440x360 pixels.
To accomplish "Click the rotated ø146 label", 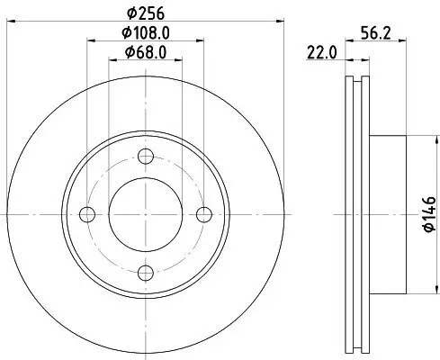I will coord(428,214).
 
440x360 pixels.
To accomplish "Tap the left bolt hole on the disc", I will coord(86,214).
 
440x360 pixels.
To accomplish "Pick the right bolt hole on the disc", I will coord(203,214).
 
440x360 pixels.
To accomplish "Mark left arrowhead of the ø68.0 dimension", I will coord(112,59).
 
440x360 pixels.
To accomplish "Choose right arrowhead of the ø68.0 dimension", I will coord(177,59).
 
